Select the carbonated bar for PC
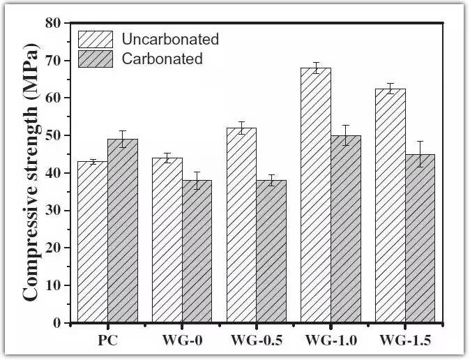pos(123,231)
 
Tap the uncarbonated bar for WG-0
pos(167,240)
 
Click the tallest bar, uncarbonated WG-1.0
pos(316,195)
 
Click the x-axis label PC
pos(107,340)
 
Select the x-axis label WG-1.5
pos(405,340)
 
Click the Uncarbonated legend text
pos(170,39)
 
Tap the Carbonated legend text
pos(162,59)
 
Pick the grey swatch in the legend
pos(96,59)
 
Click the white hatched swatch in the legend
pos(96,39)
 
